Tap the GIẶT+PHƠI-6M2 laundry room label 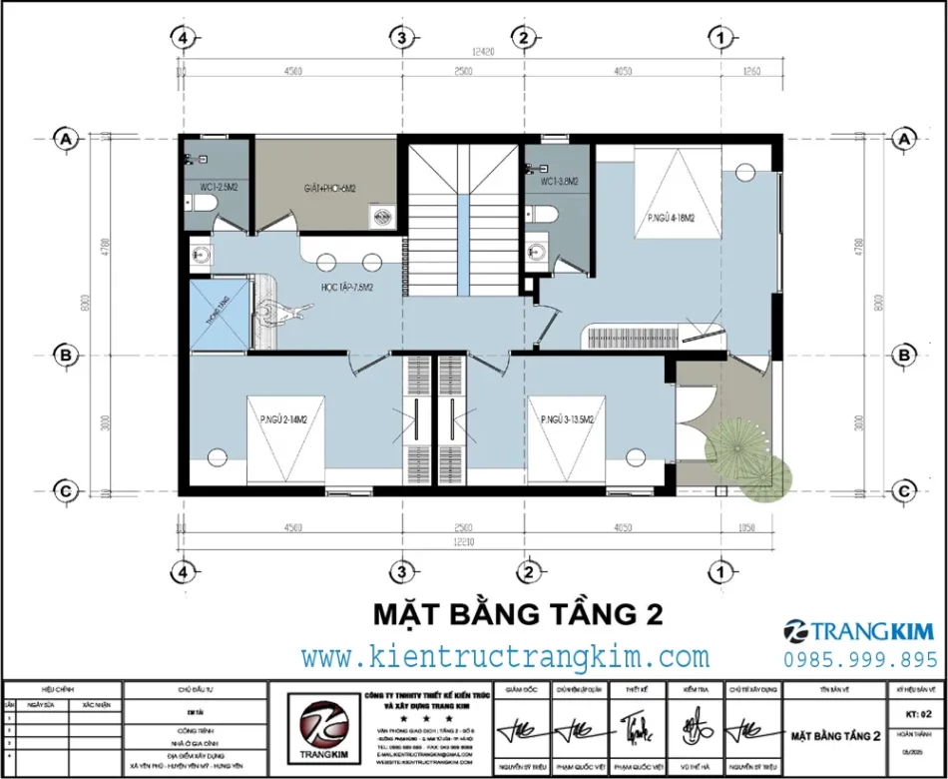point(330,188)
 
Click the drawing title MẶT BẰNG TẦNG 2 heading point(517,612)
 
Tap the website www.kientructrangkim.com point(505,657)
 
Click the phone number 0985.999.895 point(862,659)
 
